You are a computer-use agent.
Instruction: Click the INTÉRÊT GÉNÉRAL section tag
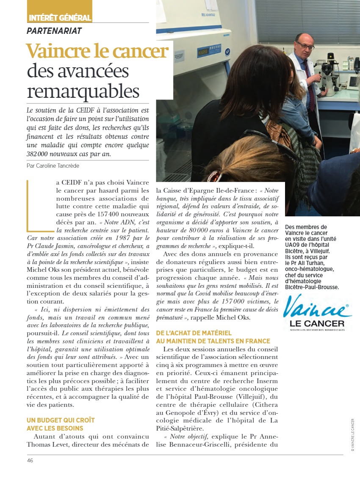click(x=60, y=18)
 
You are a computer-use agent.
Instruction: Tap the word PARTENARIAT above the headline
click(x=54, y=31)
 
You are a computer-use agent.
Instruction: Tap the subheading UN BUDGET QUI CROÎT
click(x=61, y=420)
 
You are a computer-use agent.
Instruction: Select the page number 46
click(x=30, y=461)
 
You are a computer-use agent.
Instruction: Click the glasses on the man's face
click(x=305, y=45)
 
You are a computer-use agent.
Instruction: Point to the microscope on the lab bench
click(x=331, y=74)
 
